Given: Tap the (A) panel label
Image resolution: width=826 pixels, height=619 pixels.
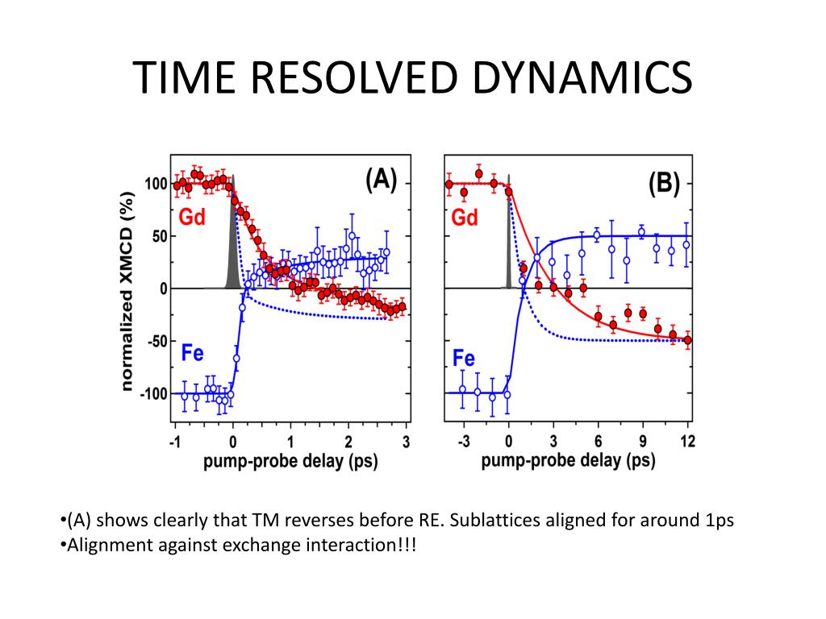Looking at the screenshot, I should point(381,180).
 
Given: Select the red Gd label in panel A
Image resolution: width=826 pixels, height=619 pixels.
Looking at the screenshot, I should point(192,218).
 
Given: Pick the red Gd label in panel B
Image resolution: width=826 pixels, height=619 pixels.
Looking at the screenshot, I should point(465,218).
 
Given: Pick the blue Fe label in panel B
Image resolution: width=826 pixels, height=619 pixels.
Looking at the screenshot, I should point(463,358).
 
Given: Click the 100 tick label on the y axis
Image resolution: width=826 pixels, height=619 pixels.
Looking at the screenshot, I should point(156,185).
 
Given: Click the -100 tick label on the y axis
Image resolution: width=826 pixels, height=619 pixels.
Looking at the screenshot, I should point(152,394).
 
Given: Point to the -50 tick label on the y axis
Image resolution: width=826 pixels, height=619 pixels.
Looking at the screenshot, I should point(156,342).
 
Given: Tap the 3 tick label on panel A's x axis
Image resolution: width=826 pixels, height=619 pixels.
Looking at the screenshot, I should point(406,441).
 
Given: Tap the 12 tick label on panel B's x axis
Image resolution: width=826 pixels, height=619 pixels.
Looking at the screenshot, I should point(687,441).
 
